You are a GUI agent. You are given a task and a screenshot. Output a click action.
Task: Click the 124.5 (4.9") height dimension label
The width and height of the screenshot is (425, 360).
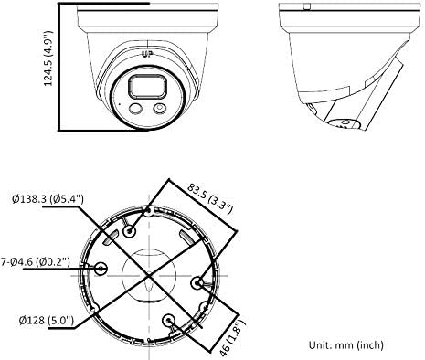[48, 58]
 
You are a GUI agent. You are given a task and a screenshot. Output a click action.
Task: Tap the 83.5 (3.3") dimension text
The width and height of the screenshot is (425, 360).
[210, 197]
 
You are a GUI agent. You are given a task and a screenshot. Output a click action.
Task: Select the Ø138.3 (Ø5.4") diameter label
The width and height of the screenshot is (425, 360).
[48, 199]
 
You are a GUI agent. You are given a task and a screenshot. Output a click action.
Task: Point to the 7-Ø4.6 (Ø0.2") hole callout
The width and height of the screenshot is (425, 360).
[35, 261]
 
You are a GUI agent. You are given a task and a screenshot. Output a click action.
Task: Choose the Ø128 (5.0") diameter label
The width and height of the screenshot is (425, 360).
[47, 320]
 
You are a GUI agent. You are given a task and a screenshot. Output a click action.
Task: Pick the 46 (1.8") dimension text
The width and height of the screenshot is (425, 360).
[233, 338]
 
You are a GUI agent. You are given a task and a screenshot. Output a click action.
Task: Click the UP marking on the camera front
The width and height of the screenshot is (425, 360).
[147, 55]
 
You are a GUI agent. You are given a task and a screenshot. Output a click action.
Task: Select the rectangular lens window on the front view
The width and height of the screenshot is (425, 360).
[148, 87]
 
